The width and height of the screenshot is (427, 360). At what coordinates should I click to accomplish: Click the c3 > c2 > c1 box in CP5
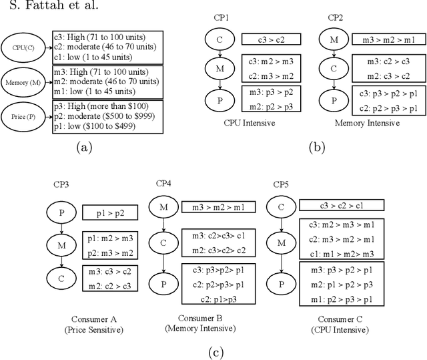click(x=341, y=206)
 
